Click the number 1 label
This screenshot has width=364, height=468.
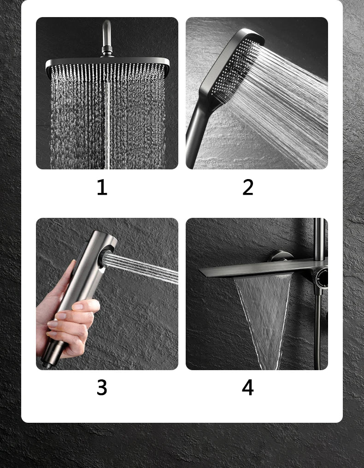pos(102,187)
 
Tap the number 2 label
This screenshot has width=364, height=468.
pos(248,187)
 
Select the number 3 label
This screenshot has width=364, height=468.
pos(102,387)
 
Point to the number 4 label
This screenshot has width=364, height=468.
pos(248,387)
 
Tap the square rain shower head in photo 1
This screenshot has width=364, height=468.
pos(107,67)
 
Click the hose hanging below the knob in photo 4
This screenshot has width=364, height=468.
pos(318,331)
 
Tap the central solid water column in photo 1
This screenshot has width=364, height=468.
pos(107,126)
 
